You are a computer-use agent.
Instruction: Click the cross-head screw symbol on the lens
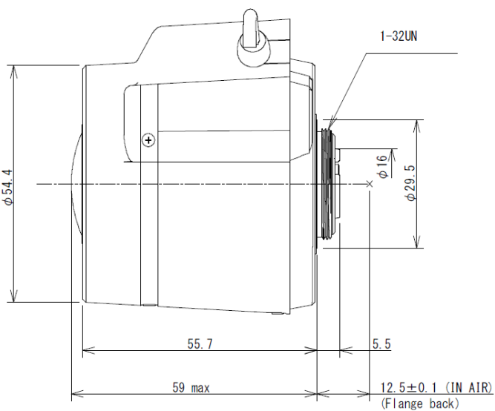click(148, 139)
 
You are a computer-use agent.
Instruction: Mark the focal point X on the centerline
click(369, 183)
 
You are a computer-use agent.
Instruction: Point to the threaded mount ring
click(327, 183)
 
